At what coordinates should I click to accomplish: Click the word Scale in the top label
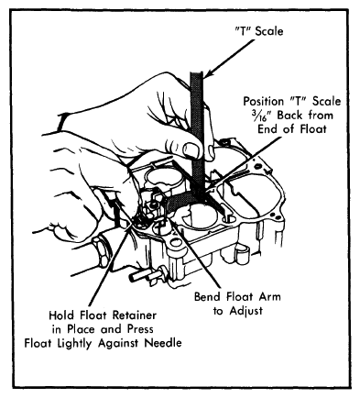269,31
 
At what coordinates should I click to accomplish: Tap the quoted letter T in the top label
244,31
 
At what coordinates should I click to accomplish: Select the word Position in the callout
264,101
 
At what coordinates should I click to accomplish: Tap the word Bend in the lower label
209,296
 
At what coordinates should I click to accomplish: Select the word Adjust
246,311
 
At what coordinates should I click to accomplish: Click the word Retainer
135,315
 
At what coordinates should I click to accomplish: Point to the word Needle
163,343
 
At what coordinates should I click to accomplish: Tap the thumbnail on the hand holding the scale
191,149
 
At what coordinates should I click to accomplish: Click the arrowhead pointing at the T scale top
207,72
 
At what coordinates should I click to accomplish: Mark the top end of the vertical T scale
197,72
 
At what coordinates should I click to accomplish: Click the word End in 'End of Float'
267,129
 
